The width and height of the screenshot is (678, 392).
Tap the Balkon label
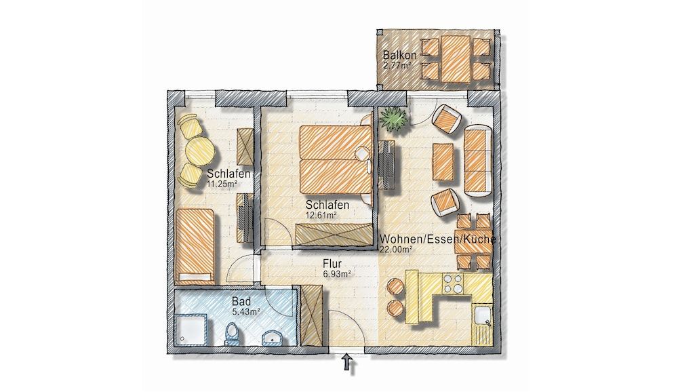[399, 56]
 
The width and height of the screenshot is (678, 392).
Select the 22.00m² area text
[395, 249]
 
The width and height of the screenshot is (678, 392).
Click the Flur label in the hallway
[332, 264]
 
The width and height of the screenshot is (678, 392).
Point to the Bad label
[241, 301]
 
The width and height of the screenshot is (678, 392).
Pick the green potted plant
[393, 117]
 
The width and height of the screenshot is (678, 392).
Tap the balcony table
[456, 59]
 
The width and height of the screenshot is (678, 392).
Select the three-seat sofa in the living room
[478, 161]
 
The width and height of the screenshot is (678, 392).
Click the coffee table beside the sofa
[443, 162]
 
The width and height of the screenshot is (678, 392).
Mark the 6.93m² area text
[336, 273]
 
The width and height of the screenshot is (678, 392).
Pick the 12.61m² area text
[321, 215]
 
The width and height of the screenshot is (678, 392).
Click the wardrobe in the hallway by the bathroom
[311, 315]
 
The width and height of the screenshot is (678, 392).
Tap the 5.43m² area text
[245, 311]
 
